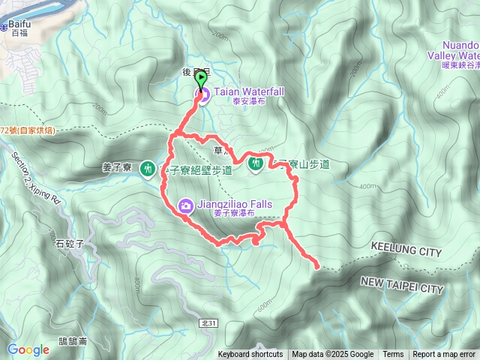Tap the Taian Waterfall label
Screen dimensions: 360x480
pos(249,91)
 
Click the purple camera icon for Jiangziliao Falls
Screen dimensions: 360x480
pos(185,205)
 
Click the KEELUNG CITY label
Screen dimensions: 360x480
pos(406,253)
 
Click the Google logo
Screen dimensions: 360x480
pos(28,349)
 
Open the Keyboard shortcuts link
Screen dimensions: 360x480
pos(250,355)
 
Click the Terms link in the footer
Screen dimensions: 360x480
pos(393,355)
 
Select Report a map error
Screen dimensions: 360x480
pos(444,355)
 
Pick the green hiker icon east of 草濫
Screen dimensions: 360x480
pos(255,162)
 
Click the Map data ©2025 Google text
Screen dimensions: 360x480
pos(333,355)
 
